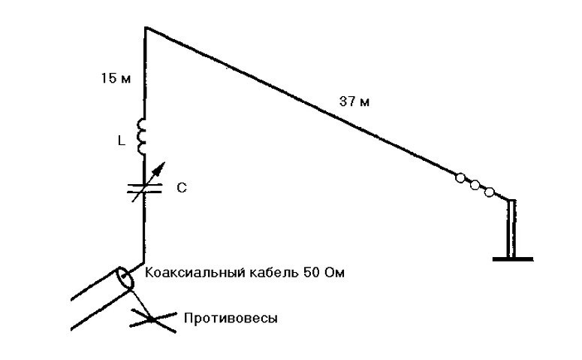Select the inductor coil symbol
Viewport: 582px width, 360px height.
141,136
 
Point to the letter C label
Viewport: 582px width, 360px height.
181,189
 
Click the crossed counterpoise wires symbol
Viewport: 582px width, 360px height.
151,319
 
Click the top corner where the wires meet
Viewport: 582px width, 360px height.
145,28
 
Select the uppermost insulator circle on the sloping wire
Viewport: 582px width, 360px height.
460,178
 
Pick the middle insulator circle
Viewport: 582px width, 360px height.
475,185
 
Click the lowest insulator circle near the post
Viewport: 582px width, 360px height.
490,192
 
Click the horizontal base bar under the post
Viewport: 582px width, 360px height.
513,259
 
